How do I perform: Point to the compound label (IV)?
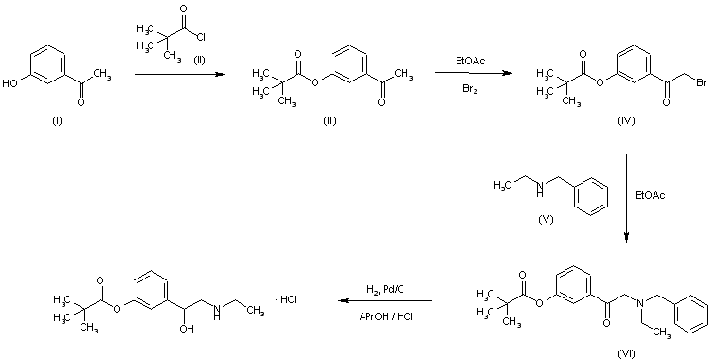625,121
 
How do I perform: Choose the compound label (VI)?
626,353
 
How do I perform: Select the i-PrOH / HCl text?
385,315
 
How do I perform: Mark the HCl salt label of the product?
287,299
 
